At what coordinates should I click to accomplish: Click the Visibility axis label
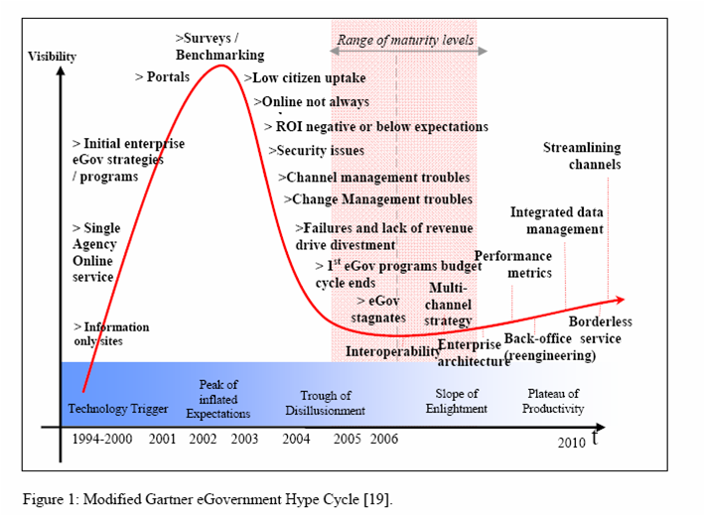pyautogui.click(x=53, y=57)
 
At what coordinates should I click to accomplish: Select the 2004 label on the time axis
pyautogui.click(x=296, y=439)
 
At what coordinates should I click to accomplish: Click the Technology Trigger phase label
pyautogui.click(x=118, y=409)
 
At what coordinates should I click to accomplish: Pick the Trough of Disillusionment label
pyautogui.click(x=326, y=403)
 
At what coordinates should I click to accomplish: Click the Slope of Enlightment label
pyautogui.click(x=457, y=401)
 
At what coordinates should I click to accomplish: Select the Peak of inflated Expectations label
pyautogui.click(x=218, y=399)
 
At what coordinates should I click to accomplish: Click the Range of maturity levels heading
pyautogui.click(x=405, y=41)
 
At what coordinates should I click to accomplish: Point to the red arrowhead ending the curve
pyautogui.click(x=619, y=299)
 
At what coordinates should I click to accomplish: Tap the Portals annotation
pyautogui.click(x=162, y=77)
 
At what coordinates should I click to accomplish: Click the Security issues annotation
pyautogui.click(x=316, y=151)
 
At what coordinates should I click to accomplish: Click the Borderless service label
pyautogui.click(x=600, y=329)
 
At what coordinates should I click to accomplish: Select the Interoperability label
pyautogui.click(x=393, y=350)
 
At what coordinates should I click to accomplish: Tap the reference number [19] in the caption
pyautogui.click(x=378, y=496)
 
